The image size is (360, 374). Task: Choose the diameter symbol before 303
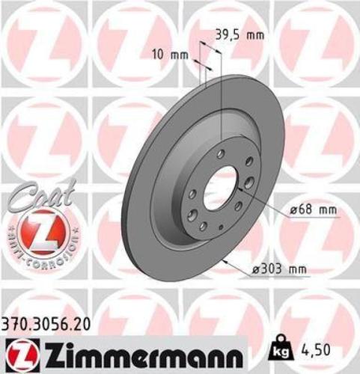257,269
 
